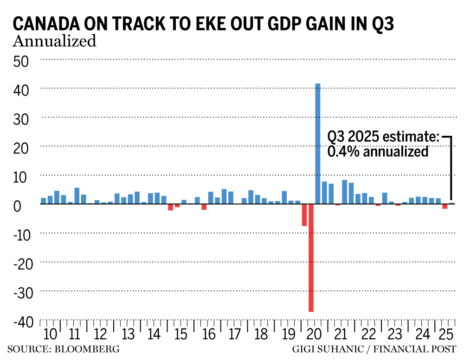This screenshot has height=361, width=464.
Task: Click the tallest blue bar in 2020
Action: [x=318, y=144]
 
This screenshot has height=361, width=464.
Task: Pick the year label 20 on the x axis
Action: [x=314, y=335]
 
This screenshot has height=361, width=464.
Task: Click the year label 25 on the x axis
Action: [x=448, y=335]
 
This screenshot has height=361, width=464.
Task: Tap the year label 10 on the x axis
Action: [x=51, y=335]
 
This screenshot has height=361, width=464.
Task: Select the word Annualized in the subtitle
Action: [x=54, y=41]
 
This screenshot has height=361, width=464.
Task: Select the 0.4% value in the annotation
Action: [x=342, y=152]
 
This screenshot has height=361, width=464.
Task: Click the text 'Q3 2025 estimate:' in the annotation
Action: [x=383, y=137]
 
